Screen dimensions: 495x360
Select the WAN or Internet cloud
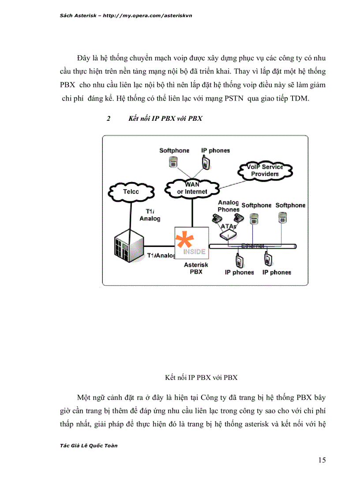192,188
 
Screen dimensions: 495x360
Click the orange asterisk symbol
185,242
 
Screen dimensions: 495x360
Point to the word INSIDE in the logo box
194,252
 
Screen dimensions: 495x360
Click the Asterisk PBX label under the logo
196,268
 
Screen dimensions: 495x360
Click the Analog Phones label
228,206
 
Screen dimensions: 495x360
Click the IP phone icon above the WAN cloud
206,163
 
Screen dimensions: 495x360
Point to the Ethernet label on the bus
252,246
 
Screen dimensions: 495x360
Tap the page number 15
322,460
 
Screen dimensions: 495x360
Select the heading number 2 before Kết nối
108,119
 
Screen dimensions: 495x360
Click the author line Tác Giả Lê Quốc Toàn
88,445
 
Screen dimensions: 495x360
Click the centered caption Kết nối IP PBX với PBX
201,377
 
